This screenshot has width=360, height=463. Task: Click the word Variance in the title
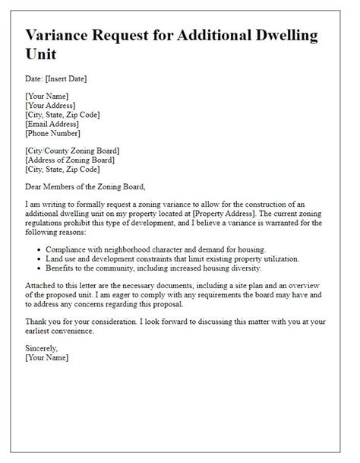(x=63, y=36)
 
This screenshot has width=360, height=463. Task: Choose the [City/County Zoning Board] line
(x=84, y=151)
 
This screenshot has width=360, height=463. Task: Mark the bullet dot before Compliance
(x=37, y=249)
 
